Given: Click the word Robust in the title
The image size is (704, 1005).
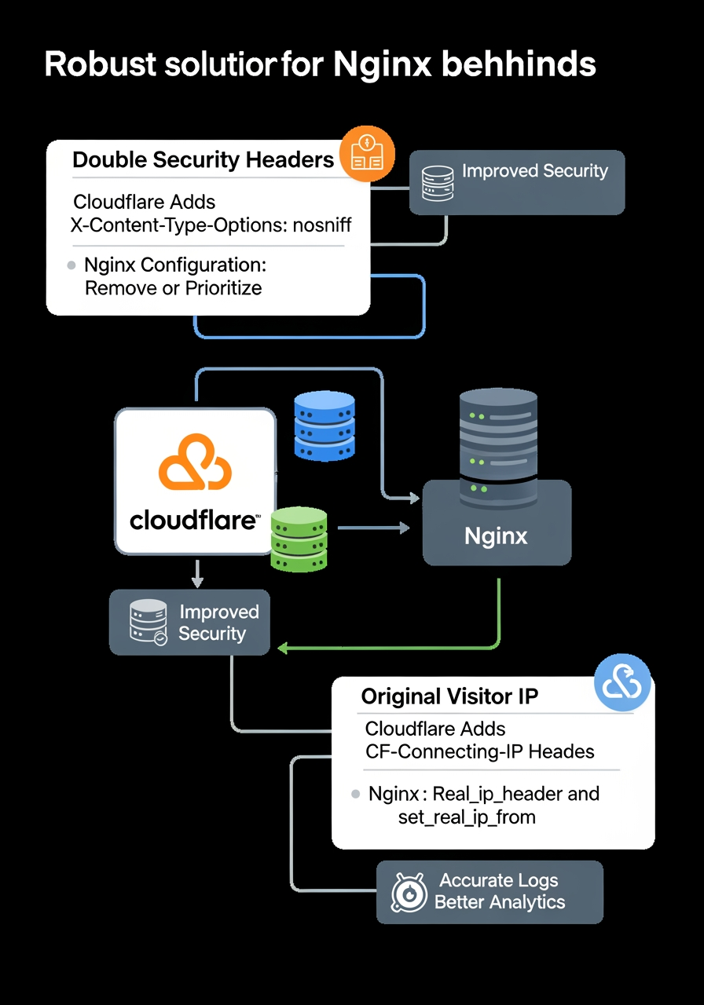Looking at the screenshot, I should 98,64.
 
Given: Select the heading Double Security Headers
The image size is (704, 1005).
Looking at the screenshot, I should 203,160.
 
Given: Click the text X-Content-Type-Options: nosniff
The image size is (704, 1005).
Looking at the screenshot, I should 211,225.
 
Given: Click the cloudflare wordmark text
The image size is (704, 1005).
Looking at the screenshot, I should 193,520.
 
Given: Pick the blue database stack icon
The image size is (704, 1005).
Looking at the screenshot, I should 324,426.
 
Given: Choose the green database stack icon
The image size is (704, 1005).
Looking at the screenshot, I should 299,539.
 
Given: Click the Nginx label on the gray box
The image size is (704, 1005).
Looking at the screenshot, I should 496,536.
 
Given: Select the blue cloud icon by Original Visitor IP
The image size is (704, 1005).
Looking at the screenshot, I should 622,682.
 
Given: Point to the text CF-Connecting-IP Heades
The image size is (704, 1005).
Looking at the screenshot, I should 480,751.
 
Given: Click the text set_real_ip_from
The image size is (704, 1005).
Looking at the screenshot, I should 467,817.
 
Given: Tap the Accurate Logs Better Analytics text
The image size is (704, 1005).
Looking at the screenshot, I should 500,891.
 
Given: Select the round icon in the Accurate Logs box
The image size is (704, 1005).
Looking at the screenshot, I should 409,892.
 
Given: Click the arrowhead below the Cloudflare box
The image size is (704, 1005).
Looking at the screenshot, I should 197,583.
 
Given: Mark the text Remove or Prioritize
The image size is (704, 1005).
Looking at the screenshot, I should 173,287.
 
